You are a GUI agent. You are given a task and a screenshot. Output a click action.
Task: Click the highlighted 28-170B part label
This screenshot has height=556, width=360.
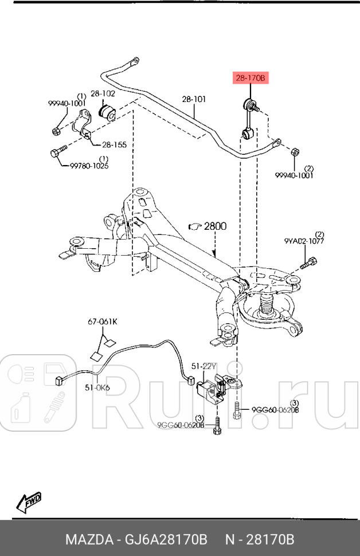pyautogui.click(x=249, y=79)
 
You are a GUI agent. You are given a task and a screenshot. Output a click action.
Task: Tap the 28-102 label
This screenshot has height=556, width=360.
pyautogui.click(x=103, y=93)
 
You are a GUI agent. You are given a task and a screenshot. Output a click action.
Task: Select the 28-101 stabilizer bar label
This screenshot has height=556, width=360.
pyautogui.click(x=194, y=99)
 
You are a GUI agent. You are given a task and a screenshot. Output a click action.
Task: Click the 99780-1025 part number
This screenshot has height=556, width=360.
pyautogui.click(x=89, y=166)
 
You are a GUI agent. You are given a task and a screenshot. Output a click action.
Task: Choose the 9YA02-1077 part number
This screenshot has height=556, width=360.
pyautogui.click(x=303, y=242)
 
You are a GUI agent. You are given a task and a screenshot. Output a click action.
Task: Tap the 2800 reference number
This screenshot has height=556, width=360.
pyautogui.click(x=215, y=226)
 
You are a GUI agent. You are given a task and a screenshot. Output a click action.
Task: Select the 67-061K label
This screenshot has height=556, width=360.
pyautogui.click(x=102, y=322)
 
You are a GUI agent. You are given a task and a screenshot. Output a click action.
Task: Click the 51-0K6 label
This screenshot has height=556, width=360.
pyautogui.click(x=97, y=387)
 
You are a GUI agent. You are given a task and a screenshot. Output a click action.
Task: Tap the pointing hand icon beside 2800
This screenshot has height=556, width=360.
pyautogui.click(x=195, y=227)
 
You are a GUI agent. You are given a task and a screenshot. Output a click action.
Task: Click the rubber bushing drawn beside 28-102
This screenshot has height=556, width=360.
pyautogui.click(x=107, y=111)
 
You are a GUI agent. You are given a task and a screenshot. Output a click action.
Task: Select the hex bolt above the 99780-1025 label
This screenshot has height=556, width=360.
pyautogui.click(x=58, y=152)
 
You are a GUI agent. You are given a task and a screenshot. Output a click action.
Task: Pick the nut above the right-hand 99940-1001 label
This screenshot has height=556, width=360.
pyautogui.click(x=293, y=152)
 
